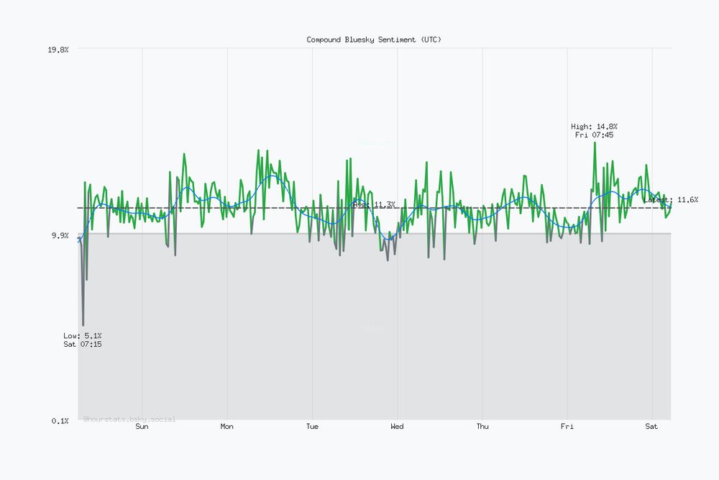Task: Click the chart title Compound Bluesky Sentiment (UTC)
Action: pos(374,40)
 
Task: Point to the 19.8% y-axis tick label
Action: pos(58,50)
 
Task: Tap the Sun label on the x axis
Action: pos(142,426)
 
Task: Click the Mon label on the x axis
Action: pos(227,426)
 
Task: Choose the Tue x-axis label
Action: pos(312,426)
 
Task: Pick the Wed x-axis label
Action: pos(397,426)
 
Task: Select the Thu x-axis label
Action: pos(482,426)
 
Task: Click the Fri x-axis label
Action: pos(567,426)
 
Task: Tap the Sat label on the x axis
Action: pos(651,426)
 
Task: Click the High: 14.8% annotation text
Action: pos(594,127)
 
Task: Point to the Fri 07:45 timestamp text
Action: pos(594,135)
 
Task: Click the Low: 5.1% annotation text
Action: pos(83,336)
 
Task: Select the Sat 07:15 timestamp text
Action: pos(83,344)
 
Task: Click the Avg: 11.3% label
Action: pos(374,204)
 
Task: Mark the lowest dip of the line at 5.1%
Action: pos(83,325)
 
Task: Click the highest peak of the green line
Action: pos(595,142)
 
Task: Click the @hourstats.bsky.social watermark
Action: pos(129,419)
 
